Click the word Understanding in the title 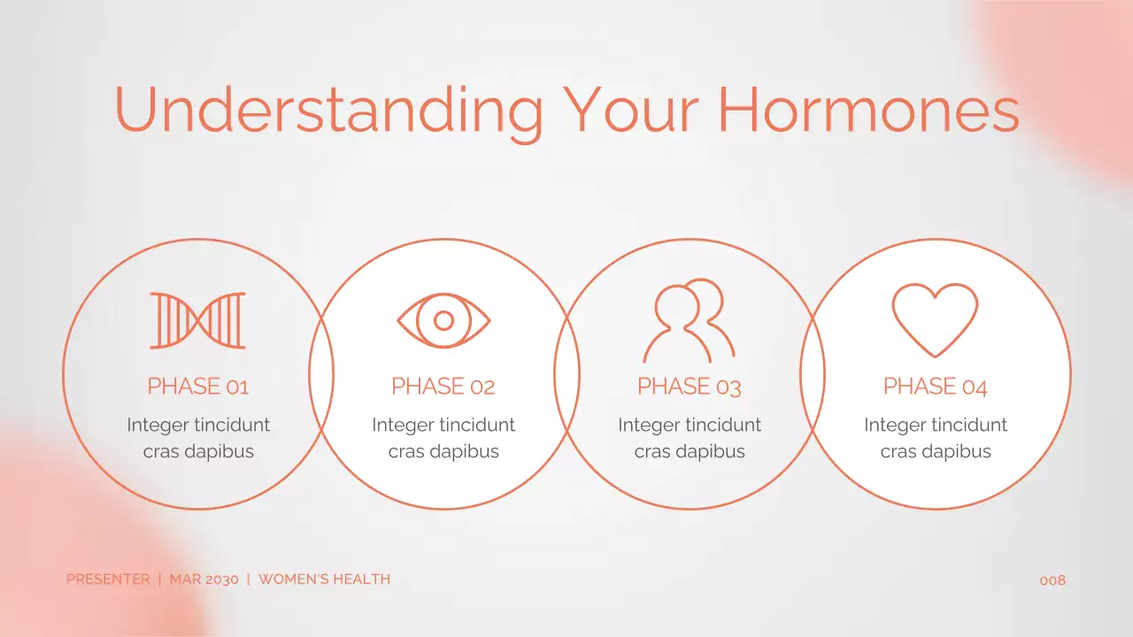[328, 110]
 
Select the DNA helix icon [197, 320]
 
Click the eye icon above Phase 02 [443, 319]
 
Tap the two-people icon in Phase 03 [689, 320]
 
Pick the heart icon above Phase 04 [935, 318]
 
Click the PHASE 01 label [197, 387]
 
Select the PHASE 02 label [443, 387]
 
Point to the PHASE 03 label [689, 387]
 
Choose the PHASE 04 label [935, 387]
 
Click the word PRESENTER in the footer [108, 579]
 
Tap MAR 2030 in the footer [204, 579]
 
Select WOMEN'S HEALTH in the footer [324, 579]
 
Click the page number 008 [1052, 580]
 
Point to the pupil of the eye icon [443, 320]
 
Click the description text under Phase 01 [198, 438]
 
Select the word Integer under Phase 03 [648, 426]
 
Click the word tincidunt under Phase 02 [476, 425]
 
